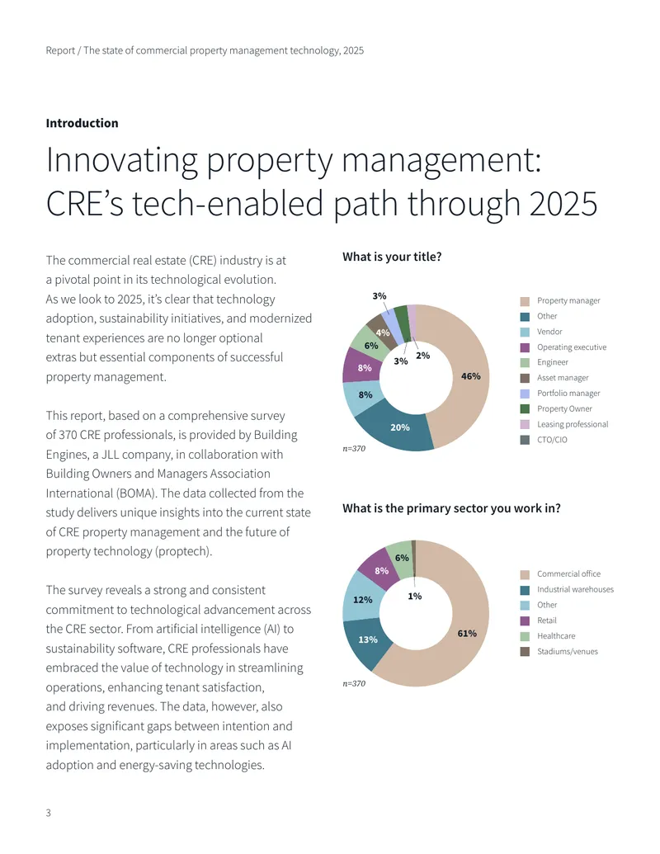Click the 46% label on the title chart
click(470, 376)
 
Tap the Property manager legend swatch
click(525, 301)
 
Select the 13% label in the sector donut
click(368, 639)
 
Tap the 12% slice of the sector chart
click(361, 599)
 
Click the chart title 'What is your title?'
click(392, 257)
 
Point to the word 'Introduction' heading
click(82, 123)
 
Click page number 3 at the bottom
click(49, 813)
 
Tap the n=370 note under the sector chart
click(354, 683)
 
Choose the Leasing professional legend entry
click(573, 424)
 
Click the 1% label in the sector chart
click(415, 596)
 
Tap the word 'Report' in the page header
click(60, 50)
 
